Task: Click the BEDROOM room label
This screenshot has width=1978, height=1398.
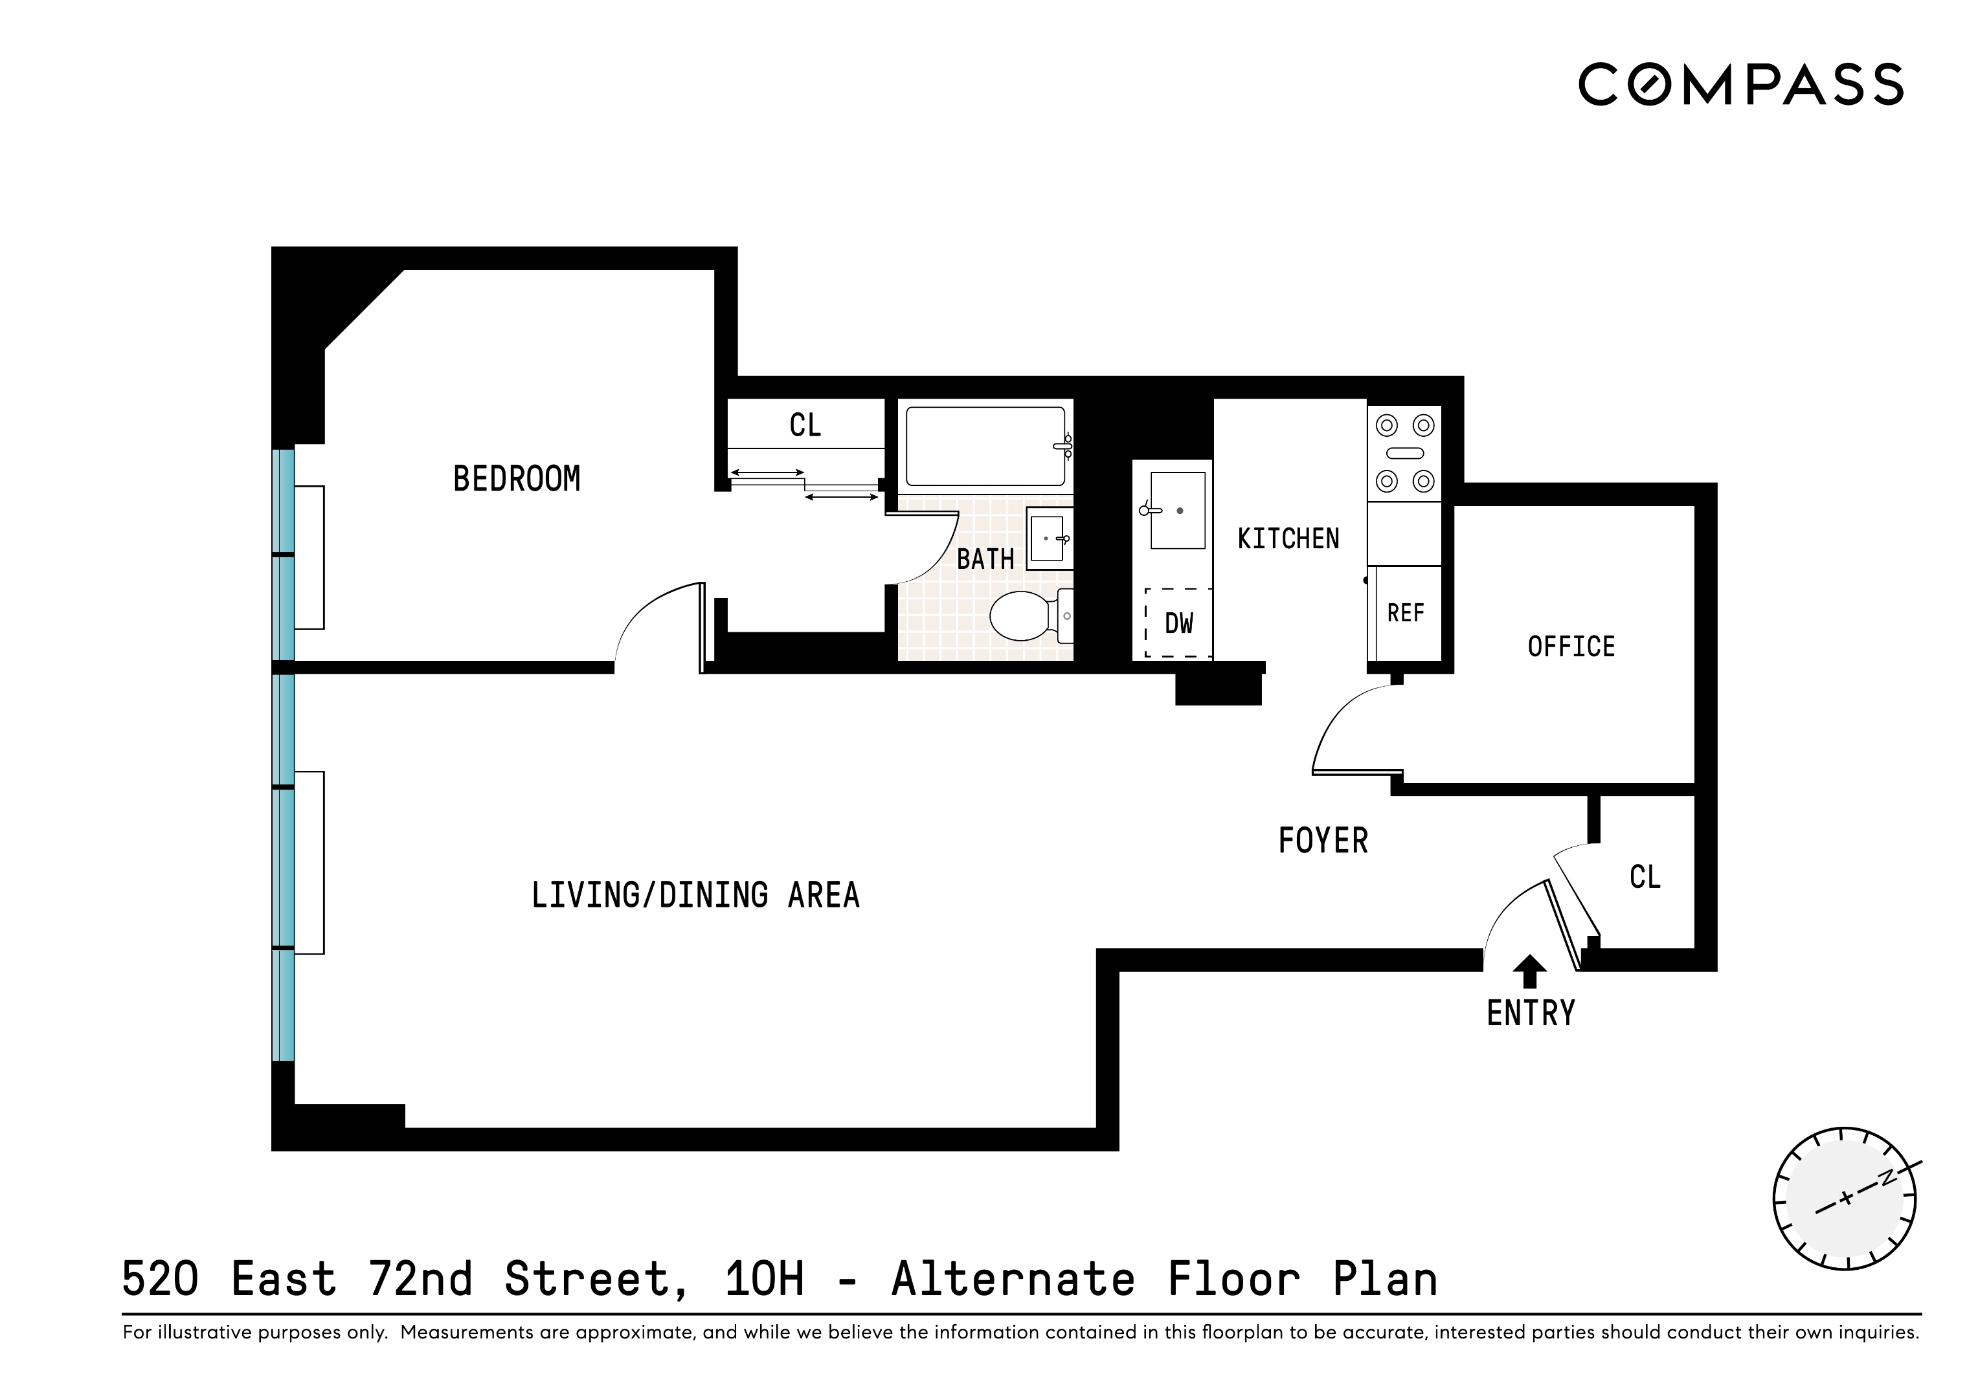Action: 516,479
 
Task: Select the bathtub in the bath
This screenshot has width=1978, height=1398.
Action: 985,446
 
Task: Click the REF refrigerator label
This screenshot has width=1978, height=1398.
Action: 1405,614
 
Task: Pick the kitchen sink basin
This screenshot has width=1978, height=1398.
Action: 1178,510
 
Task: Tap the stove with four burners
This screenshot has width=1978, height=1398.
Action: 1404,453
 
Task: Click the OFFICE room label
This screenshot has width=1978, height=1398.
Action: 1571,647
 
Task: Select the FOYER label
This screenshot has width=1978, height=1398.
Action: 1322,841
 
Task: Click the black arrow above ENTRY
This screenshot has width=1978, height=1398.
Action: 1529,971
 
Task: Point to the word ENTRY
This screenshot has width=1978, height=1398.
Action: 1530,1013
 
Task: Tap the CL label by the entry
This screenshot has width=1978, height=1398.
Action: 1645,877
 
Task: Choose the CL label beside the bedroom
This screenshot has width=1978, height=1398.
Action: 805,425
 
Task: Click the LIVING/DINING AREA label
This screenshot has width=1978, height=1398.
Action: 695,896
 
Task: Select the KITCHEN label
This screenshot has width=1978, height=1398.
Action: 1288,539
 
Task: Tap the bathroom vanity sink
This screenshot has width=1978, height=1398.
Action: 1048,538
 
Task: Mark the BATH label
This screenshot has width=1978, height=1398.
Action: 985,559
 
